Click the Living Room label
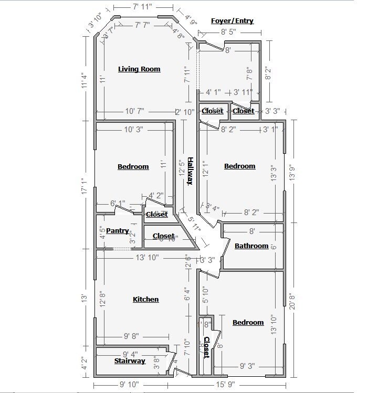tap(139, 69)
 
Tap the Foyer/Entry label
tap(232, 21)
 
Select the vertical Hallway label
tap(191, 172)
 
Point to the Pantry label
tap(118, 230)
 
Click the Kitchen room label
tap(145, 299)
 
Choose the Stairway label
tap(130, 361)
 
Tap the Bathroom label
tap(251, 246)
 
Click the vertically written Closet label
tap(206, 347)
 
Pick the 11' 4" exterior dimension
tap(85, 78)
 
